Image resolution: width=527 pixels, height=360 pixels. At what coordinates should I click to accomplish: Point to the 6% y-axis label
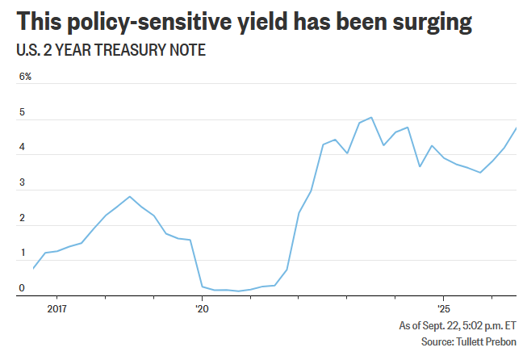tap(25, 77)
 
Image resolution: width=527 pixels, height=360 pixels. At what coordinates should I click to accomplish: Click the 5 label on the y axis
tap(22, 112)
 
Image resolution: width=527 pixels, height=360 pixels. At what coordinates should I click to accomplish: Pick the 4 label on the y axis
tap(22, 147)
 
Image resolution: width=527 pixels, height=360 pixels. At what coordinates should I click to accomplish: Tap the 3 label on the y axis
tap(22, 182)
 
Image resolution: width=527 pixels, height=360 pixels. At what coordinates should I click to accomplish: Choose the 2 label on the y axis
tap(22, 218)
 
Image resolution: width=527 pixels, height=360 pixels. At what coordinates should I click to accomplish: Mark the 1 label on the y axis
tap(23, 253)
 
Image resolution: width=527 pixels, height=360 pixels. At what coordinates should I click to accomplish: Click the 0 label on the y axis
tap(22, 287)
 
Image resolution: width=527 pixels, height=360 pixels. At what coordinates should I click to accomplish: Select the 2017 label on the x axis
tap(57, 308)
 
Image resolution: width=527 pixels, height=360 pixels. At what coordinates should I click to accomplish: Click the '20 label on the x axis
tap(202, 308)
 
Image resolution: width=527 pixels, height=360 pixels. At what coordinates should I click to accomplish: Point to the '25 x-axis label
tap(443, 308)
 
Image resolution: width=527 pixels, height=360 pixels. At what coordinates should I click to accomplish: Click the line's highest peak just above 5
tap(371, 117)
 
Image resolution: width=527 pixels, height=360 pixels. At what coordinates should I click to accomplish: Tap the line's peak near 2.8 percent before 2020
tap(130, 197)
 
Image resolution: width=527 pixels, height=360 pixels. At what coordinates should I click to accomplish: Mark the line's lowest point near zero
tap(238, 291)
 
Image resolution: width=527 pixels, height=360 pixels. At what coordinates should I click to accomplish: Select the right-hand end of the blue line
tap(516, 128)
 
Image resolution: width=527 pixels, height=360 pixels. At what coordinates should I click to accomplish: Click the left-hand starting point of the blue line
tap(33, 268)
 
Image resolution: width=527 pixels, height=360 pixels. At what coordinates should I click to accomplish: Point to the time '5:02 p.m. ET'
tap(489, 325)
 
